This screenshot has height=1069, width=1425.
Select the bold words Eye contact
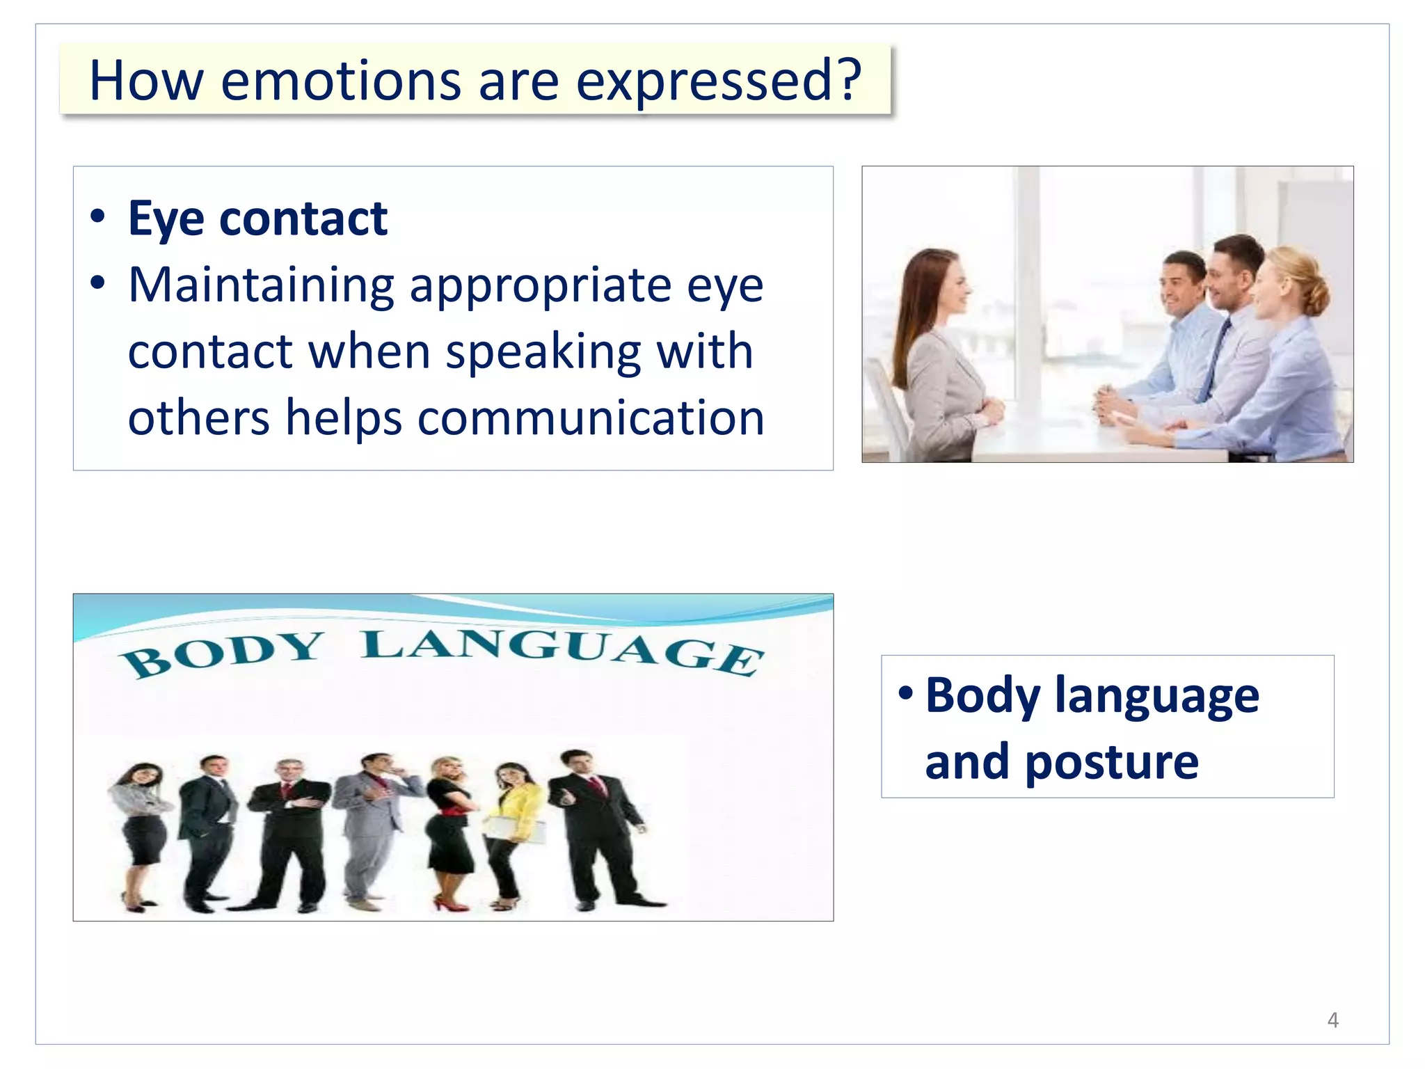click(257, 219)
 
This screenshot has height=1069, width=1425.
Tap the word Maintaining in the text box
click(261, 285)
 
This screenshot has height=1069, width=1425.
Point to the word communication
click(591, 418)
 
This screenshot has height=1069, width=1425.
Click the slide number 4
click(1332, 1020)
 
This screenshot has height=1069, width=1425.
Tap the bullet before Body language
click(905, 693)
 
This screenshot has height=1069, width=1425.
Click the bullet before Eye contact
click(98, 217)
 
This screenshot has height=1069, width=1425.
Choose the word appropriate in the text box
click(539, 287)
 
